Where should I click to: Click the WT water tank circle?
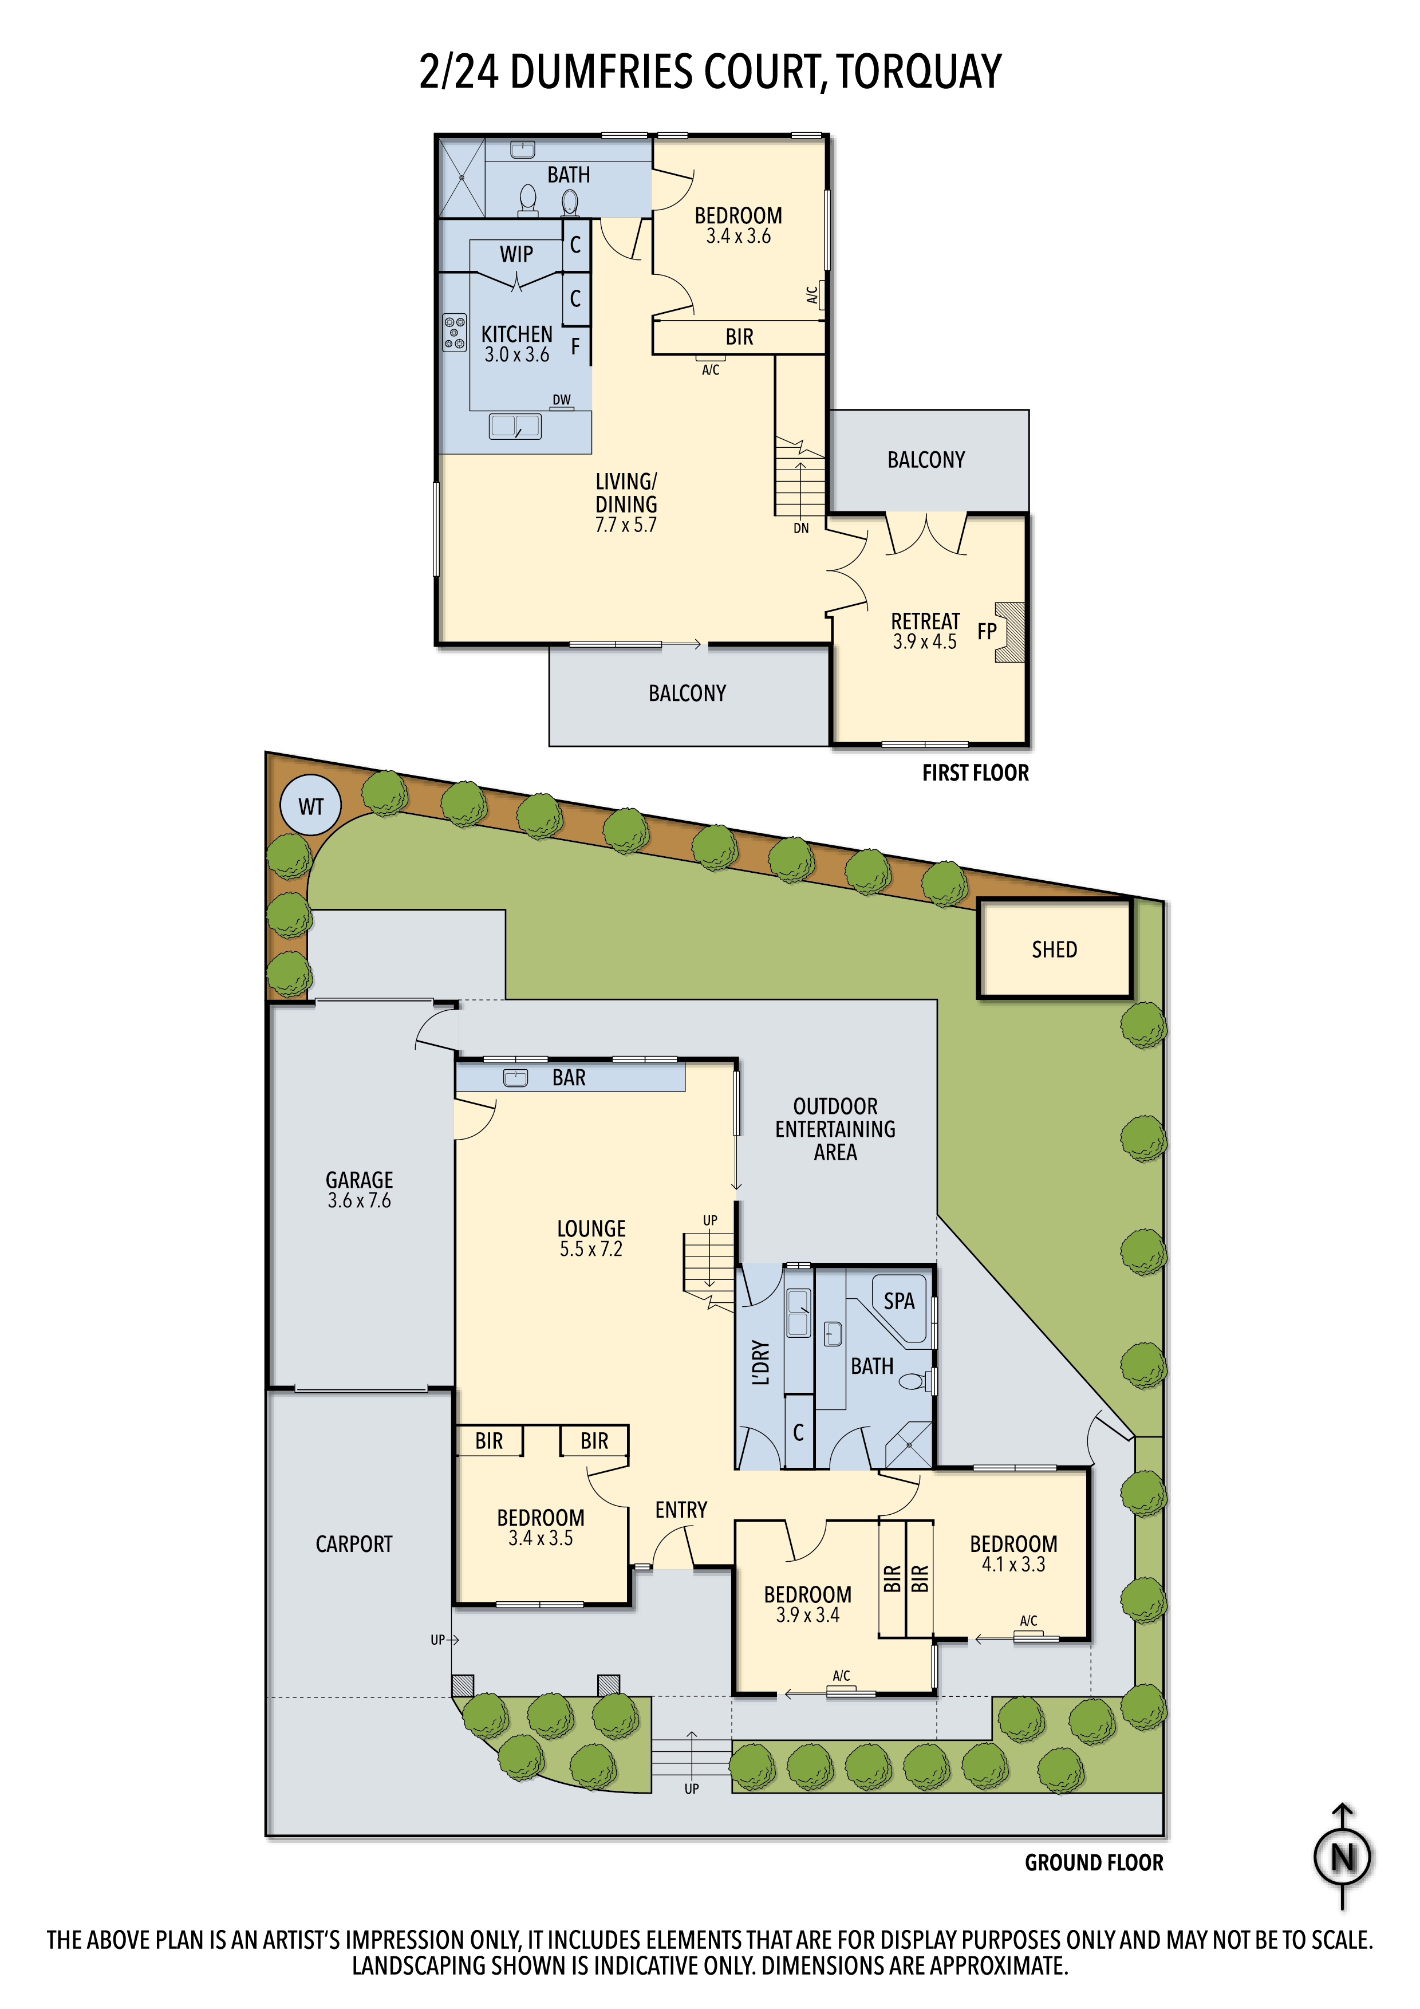point(310,805)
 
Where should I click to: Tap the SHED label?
point(1054,950)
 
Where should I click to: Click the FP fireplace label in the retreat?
point(987,632)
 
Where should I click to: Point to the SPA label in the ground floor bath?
point(898,1301)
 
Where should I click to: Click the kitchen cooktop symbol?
point(454,333)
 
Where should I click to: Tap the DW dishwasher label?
point(561,400)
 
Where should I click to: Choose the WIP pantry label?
point(516,254)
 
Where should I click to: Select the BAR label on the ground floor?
point(569,1078)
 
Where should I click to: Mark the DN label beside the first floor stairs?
point(800,529)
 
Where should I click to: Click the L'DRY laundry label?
point(761,1362)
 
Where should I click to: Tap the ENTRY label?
point(681,1510)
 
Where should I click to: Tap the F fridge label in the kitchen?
point(575,346)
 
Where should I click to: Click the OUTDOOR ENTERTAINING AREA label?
point(835,1129)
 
